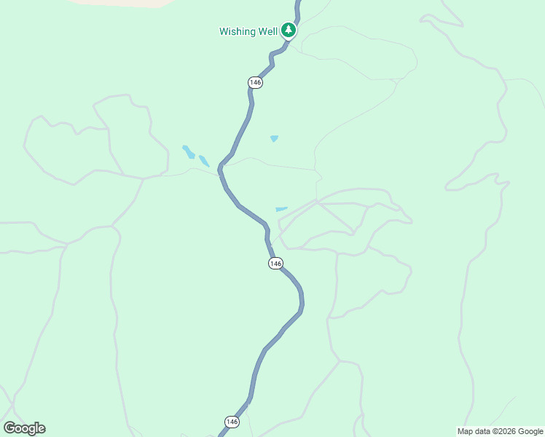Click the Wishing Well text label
(x=248, y=31)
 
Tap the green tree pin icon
(x=289, y=31)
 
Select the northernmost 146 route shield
(x=255, y=82)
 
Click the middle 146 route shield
(x=275, y=263)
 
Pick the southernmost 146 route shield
(x=232, y=422)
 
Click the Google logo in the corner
(x=24, y=428)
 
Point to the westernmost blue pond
(x=188, y=151)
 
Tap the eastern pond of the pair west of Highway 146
(x=204, y=161)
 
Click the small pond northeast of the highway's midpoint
(x=274, y=138)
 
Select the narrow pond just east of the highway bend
(x=281, y=209)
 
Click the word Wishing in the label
(x=238, y=31)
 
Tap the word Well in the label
(x=267, y=31)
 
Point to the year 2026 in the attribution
(x=506, y=431)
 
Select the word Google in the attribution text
(x=530, y=431)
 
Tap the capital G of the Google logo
(x=9, y=428)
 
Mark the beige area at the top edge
(x=124, y=3)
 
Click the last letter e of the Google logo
(x=41, y=429)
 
